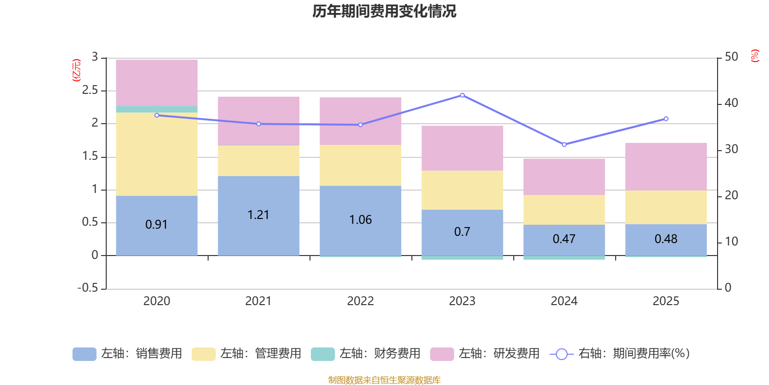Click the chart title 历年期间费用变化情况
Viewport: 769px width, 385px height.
pos(384,11)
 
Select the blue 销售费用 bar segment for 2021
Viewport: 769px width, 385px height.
pos(259,231)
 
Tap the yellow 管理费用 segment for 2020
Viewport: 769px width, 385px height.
pos(157,154)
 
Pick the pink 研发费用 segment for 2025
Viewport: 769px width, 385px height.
pos(666,166)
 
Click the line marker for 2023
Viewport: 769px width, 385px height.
pos(462,95)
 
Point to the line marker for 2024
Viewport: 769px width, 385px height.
pos(564,144)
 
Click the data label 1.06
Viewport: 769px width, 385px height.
pos(360,220)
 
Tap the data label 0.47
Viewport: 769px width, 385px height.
pos(564,239)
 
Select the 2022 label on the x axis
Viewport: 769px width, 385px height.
pos(360,301)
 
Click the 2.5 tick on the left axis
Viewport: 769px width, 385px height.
pos(90,90)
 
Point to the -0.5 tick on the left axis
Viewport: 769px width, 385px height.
pos(88,288)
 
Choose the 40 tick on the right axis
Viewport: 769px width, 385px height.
pos(731,103)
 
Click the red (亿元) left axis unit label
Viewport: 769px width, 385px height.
pos(76,70)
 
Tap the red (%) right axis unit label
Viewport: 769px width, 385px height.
pos(755,56)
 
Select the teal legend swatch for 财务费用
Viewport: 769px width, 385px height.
pos(322,354)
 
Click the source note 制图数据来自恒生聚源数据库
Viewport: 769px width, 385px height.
pos(384,380)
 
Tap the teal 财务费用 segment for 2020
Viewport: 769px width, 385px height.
pos(157,109)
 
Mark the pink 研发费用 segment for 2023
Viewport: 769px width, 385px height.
pos(462,148)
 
